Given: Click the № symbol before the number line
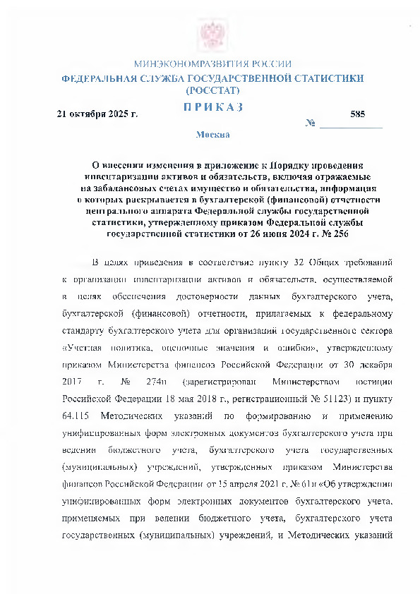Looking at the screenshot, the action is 310,124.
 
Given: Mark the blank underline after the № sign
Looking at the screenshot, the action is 351,126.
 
